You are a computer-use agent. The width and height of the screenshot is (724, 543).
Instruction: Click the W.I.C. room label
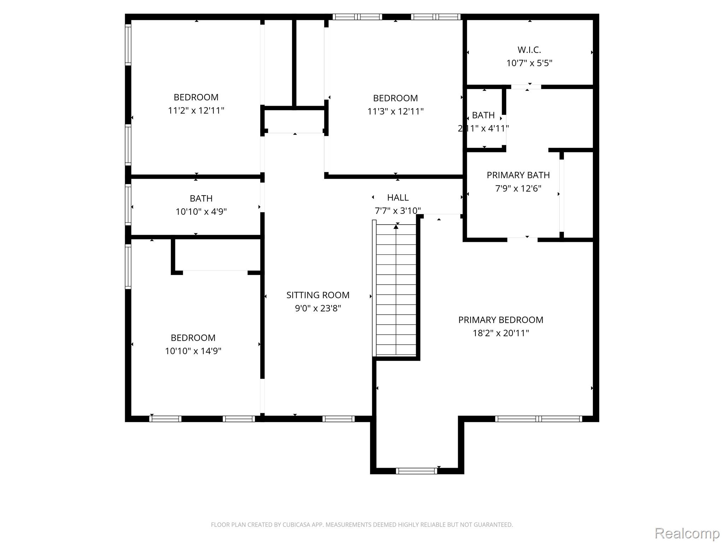tap(529, 49)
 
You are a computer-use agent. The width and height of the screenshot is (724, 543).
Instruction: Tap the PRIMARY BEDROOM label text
tap(501, 320)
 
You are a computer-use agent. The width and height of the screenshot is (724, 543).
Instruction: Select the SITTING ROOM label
tap(318, 295)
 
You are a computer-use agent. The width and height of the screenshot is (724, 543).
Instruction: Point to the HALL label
tap(398, 198)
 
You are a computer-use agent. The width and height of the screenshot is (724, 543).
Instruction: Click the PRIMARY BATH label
tap(518, 175)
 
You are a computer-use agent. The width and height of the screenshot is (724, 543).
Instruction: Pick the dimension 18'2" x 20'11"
tap(501, 333)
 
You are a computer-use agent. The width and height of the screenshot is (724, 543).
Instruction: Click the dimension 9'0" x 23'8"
tap(318, 308)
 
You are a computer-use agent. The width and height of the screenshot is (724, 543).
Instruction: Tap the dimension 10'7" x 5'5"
tap(529, 63)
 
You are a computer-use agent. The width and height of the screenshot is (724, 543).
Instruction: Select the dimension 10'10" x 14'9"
tap(193, 351)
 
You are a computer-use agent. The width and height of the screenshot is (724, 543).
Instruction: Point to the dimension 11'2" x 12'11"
tap(196, 111)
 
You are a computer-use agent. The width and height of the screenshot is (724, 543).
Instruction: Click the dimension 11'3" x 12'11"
tap(395, 111)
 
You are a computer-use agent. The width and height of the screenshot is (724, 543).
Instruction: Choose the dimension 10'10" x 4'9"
tap(201, 212)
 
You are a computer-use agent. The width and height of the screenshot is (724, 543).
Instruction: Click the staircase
tap(396, 290)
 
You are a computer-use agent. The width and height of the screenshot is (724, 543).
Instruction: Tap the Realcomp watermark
tap(687, 533)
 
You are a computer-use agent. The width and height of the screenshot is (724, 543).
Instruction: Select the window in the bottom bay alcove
tap(416, 471)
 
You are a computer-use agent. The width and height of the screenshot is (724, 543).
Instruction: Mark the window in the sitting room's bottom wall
tap(338, 419)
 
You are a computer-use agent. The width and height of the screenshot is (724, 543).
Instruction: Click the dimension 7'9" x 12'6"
tap(518, 188)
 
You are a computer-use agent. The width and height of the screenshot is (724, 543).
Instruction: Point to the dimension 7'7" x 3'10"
tap(398, 211)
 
